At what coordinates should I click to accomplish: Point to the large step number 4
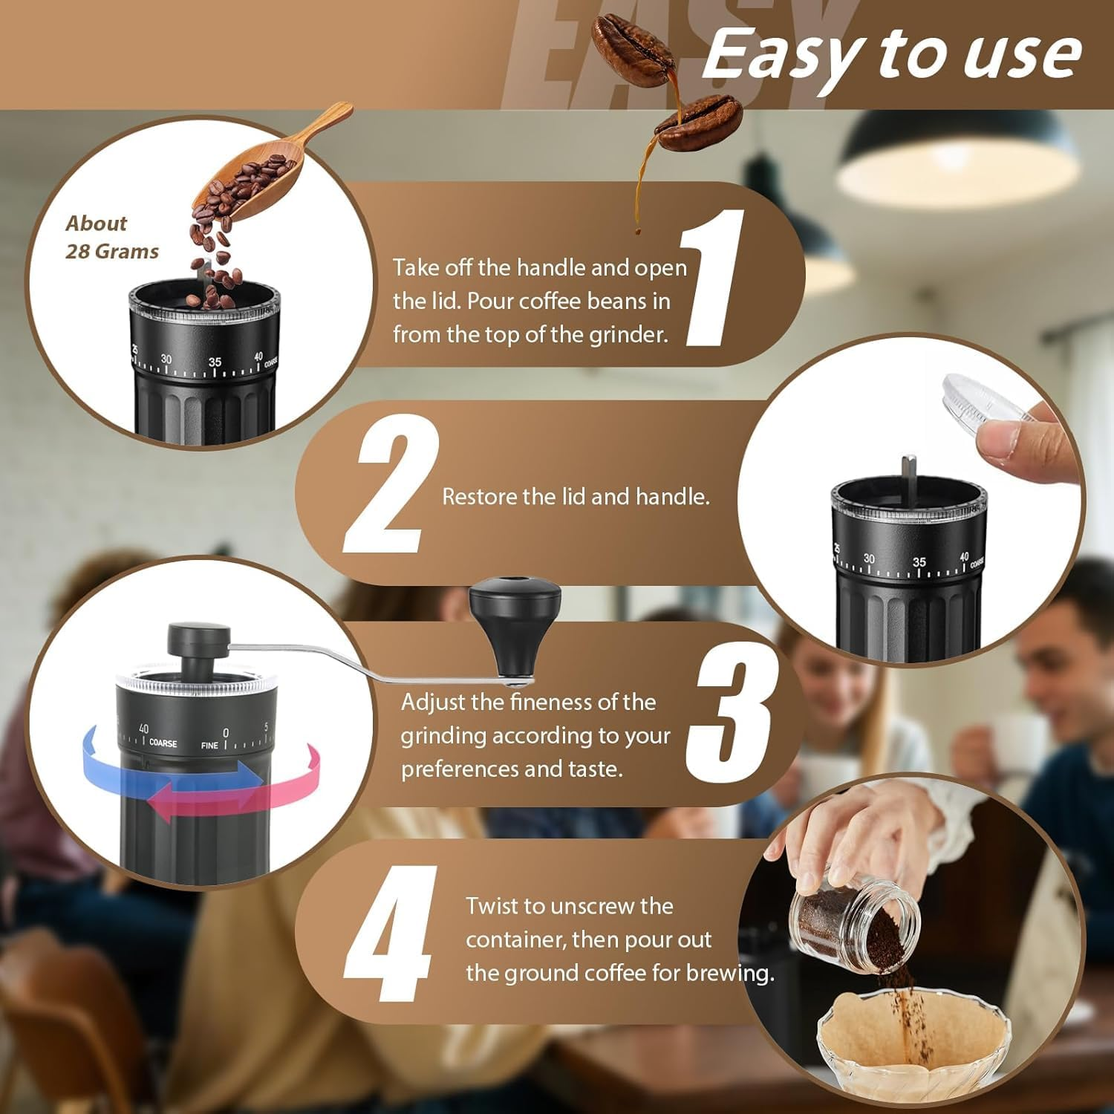(x=390, y=934)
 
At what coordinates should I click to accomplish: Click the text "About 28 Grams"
(x=111, y=238)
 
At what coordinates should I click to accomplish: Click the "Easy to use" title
(x=891, y=56)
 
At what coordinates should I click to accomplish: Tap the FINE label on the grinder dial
(x=209, y=745)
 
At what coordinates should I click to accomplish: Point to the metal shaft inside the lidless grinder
(x=908, y=475)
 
